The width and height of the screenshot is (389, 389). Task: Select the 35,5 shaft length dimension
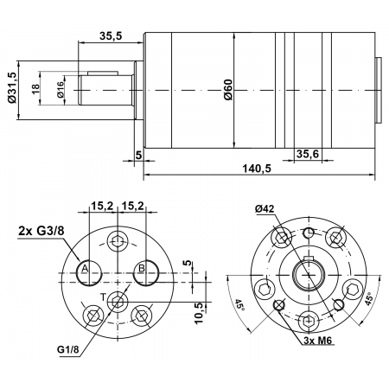tap(110, 35)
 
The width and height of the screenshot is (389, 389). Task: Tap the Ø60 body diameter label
tap(228, 91)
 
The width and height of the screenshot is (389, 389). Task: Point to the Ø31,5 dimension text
tap(11, 87)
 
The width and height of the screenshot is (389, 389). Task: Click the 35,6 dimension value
tap(308, 154)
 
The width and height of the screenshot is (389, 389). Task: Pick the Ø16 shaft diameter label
tap(61, 90)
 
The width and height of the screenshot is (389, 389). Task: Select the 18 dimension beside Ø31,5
tap(35, 89)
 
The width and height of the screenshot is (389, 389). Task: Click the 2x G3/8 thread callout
tap(41, 231)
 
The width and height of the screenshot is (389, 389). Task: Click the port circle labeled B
tap(144, 270)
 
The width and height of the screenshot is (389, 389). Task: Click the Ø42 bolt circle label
tap(265, 209)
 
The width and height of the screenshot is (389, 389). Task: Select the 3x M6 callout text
tap(319, 341)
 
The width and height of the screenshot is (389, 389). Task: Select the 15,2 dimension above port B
tap(132, 206)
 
